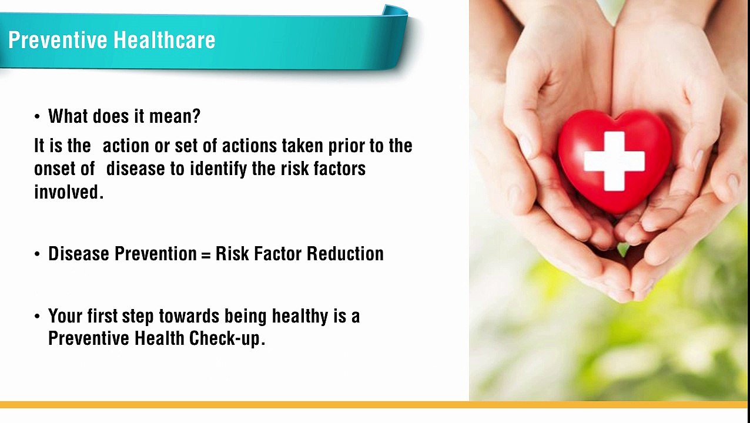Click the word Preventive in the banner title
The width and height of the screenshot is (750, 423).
[x=58, y=40]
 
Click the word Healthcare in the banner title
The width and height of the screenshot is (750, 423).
[x=165, y=40]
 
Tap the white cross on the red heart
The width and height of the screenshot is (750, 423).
[x=614, y=161]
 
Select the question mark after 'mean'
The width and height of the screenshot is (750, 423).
[x=196, y=116]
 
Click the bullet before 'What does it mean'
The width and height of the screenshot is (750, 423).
[x=37, y=117]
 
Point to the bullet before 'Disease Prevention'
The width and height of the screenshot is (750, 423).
[x=37, y=254]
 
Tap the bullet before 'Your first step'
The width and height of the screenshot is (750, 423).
[x=37, y=317]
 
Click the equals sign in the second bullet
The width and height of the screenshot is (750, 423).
[x=206, y=254]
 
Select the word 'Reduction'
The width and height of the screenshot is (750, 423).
[x=345, y=253]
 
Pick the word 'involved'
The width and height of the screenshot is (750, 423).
[x=66, y=192]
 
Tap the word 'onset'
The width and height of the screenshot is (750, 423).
[x=55, y=169]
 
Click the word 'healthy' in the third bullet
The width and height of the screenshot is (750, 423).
[x=300, y=316]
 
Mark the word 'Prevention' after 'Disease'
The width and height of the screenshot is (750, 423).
[x=156, y=253]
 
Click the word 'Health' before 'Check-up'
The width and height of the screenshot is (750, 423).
[x=159, y=338]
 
